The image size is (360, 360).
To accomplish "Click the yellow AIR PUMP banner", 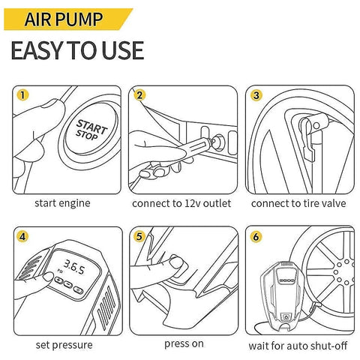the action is pos(67,19).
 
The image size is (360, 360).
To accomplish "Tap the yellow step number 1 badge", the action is pos(22,95).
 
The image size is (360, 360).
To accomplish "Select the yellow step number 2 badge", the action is pos(139,95).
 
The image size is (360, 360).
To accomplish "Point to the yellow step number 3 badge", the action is pos(256,95).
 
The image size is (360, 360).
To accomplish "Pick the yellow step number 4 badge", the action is pos(22,236).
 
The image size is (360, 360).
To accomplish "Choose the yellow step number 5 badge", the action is pos(139,236).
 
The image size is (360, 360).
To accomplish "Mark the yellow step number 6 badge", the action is pos(256,236).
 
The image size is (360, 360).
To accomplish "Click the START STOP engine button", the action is pos(91,130).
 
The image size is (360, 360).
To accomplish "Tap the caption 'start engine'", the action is pos(62,203).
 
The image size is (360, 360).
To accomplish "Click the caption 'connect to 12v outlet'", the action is pos(181,203).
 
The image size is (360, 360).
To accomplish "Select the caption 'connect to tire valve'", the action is pos(298,203).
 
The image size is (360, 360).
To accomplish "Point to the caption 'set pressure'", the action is pos(64,345).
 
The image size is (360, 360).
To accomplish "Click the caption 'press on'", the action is pos(184,344).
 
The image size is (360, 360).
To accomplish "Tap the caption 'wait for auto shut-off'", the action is pos(298,346).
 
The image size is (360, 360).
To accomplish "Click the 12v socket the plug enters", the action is pos(218,142).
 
